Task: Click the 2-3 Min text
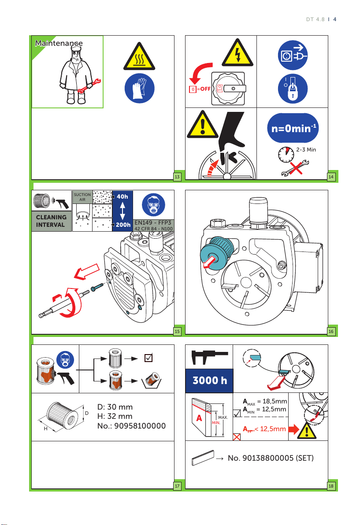pos(306,150)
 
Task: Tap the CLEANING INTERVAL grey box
pos(51,221)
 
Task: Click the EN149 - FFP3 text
pos(153,222)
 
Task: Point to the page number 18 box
pos(331,485)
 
